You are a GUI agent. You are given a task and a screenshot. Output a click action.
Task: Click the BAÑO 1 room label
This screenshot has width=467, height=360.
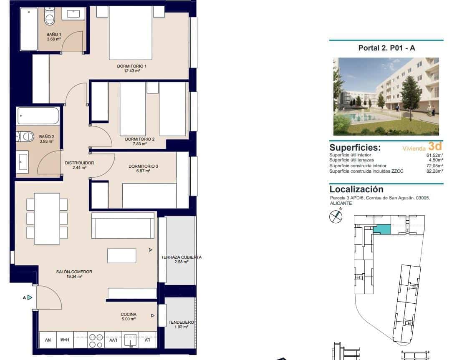[x=54, y=35]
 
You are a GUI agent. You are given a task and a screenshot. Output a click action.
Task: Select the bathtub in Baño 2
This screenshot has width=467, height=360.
[x=38, y=116]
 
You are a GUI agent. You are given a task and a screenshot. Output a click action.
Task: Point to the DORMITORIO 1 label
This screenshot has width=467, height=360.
[x=131, y=66]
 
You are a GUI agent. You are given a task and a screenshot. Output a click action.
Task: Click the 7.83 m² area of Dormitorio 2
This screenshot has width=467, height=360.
[x=139, y=144]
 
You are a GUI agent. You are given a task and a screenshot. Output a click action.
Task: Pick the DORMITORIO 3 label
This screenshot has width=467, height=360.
[x=143, y=166]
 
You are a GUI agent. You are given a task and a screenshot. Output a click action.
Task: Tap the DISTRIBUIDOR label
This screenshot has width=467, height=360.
[x=79, y=163]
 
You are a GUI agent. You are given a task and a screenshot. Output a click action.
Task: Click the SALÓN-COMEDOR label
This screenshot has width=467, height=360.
[x=74, y=272]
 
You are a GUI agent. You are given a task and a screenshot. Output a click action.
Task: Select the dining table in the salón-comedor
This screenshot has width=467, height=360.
[x=47, y=218]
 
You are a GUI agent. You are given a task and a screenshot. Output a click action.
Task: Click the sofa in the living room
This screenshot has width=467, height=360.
[x=123, y=225]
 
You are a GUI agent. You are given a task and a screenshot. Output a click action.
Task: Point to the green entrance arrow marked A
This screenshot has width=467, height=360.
[x=30, y=297]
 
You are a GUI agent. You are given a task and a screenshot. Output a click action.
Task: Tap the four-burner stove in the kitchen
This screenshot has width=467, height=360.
[x=96, y=341]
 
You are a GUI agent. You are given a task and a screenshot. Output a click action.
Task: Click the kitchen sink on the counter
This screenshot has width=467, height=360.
[x=130, y=340]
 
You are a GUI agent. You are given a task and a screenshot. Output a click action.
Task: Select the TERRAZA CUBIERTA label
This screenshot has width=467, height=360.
[x=181, y=257]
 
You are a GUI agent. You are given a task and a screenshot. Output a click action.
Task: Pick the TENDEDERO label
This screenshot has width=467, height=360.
[x=181, y=322]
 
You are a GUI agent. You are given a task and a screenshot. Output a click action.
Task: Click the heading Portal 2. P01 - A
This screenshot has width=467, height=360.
[x=386, y=48]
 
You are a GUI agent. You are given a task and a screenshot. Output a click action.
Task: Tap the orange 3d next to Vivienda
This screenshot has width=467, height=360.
[x=434, y=146]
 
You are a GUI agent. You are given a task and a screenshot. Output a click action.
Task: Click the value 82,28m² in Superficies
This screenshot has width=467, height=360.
[x=434, y=171]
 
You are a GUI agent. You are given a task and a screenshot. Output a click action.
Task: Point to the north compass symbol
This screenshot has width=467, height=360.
[x=336, y=217]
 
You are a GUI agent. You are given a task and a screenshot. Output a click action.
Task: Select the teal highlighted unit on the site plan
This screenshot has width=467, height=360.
[x=382, y=229]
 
